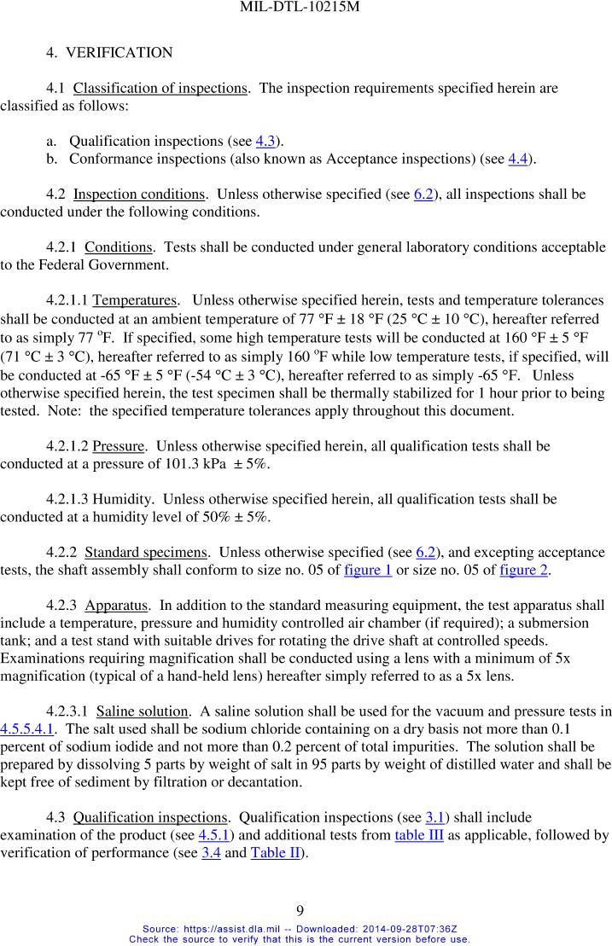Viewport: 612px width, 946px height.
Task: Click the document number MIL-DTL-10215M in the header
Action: [x=306, y=9]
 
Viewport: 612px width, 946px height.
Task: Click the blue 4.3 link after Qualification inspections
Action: [x=265, y=141]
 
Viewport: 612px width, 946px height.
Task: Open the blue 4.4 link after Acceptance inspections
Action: [x=517, y=159]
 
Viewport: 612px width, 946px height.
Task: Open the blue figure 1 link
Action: [x=368, y=570]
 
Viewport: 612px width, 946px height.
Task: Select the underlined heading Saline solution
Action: [x=142, y=711]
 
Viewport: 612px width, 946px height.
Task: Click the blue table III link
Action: [x=418, y=834]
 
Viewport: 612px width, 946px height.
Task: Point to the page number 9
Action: [x=306, y=912]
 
